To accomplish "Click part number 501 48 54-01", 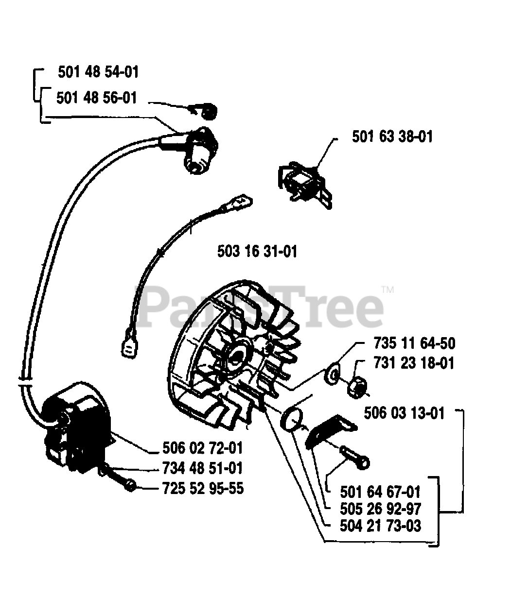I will [x=98, y=72].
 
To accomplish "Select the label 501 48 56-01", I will [x=97, y=98].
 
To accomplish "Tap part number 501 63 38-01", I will [x=392, y=136].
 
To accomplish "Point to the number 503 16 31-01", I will [x=257, y=252].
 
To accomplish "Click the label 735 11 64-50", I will [x=414, y=343].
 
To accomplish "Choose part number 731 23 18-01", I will [x=414, y=363].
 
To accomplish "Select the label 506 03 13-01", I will [x=404, y=413].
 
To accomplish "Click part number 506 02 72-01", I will [x=203, y=448].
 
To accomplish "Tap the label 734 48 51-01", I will [x=203, y=468].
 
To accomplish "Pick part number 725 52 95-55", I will [x=203, y=488].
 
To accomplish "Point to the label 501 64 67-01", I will [x=380, y=492].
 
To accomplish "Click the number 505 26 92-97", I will [x=380, y=509].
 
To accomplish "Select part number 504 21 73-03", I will [x=380, y=526].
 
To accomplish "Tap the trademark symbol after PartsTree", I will [x=388, y=290].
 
